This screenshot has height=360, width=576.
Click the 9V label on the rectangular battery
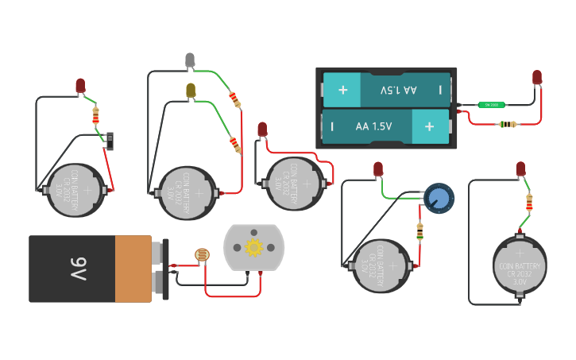pyautogui.click(x=77, y=269)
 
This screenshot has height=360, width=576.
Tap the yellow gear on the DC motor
pyautogui.click(x=253, y=247)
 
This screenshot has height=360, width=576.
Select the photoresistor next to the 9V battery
pyautogui.click(x=203, y=255)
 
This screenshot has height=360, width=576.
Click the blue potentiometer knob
pyautogui.click(x=438, y=197)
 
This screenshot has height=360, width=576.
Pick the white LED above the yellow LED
pyautogui.click(x=190, y=60)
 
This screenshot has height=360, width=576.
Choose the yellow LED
pyautogui.click(x=190, y=90)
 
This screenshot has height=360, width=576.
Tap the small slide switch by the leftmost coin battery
pyautogui.click(x=109, y=141)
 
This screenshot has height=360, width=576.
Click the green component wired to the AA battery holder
pyautogui.click(x=492, y=104)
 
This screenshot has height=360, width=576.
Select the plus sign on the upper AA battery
pyautogui.click(x=343, y=90)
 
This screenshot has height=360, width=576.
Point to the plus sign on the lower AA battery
pyautogui.click(x=429, y=126)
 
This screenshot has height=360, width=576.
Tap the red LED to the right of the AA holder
pyautogui.click(x=537, y=77)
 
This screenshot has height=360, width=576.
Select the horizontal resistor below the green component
pyautogui.click(x=506, y=124)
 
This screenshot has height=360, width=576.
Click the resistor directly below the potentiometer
pyautogui.click(x=419, y=231)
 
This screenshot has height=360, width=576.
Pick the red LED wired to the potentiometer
pyautogui.click(x=378, y=168)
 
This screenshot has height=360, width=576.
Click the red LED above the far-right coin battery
pyautogui.click(x=521, y=168)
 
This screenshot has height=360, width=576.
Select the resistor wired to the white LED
pyautogui.click(x=234, y=99)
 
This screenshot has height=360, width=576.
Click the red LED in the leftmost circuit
pyautogui.click(x=80, y=85)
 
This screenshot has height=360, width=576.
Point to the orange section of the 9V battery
pyautogui.click(x=133, y=269)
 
